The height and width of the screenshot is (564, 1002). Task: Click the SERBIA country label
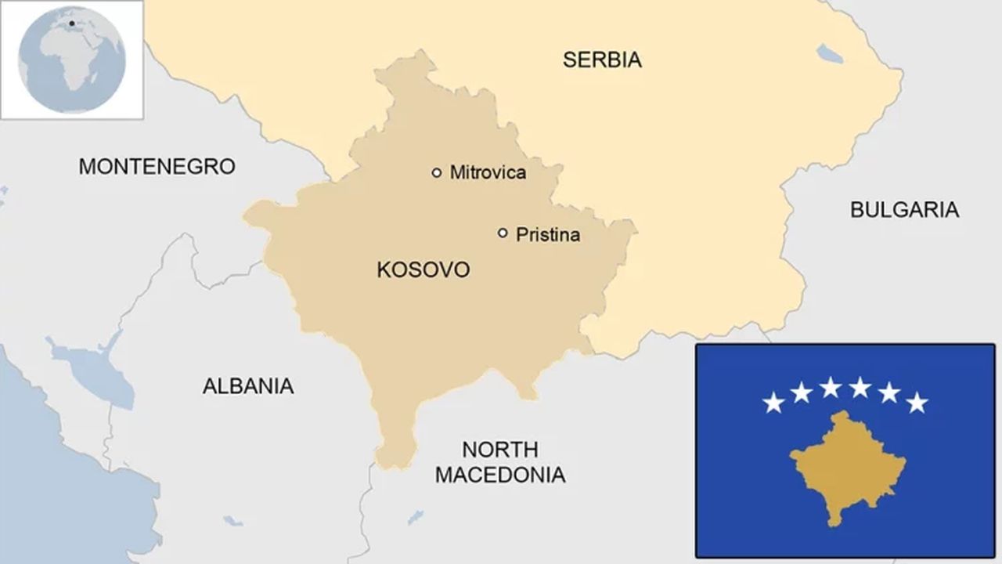pos(602,60)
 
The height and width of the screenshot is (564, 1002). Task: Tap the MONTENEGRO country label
pos(157,166)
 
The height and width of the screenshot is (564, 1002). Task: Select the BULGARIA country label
pos(904,209)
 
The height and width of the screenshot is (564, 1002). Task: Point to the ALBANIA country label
pos(248,385)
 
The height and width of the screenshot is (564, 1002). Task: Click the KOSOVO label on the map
pos(424,270)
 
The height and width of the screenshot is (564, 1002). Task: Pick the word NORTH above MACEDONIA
pos(499,450)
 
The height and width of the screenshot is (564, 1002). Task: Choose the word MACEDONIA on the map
pos(500,475)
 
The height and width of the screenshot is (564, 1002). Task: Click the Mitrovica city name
pos(487,173)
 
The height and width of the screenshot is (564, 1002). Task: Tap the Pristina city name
pos(547,234)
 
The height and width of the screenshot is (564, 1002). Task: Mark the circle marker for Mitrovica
pos(437,172)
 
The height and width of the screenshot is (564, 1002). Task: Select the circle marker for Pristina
pos(503,233)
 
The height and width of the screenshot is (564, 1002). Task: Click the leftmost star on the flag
pos(773,403)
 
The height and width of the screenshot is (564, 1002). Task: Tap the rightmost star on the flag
pos(917,403)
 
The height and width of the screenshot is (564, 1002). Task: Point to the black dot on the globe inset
pos(71,23)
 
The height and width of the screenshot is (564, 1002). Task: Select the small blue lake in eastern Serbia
pos(830,54)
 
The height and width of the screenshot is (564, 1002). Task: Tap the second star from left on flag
pos(801,392)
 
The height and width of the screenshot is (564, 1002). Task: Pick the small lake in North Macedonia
pos(415,517)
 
